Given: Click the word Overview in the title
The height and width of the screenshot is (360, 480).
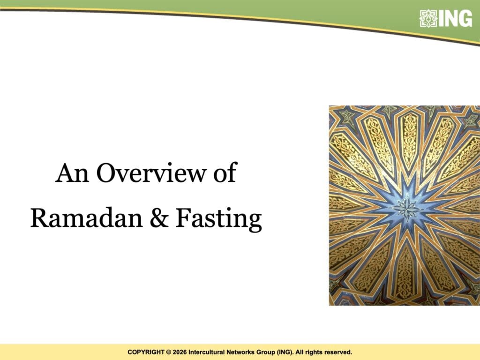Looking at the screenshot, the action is click(152, 173).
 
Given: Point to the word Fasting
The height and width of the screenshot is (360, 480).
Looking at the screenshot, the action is click(218, 219).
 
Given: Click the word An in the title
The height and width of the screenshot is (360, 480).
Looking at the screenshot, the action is click(72, 173).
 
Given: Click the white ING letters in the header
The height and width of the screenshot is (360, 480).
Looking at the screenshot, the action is click(455, 19).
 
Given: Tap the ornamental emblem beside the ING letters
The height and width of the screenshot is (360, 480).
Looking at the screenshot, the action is click(428, 19).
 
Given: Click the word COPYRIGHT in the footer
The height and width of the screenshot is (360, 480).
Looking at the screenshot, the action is click(146, 352).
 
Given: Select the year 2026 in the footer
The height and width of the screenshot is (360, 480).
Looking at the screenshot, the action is click(180, 352).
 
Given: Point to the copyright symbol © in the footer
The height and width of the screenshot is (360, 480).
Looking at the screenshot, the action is click(168, 352).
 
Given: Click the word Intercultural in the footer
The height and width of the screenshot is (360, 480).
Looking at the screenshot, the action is click(207, 352).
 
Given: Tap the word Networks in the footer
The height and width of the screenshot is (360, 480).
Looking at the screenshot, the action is click(240, 352).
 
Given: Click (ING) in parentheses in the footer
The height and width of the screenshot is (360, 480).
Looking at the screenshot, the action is click(285, 352).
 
